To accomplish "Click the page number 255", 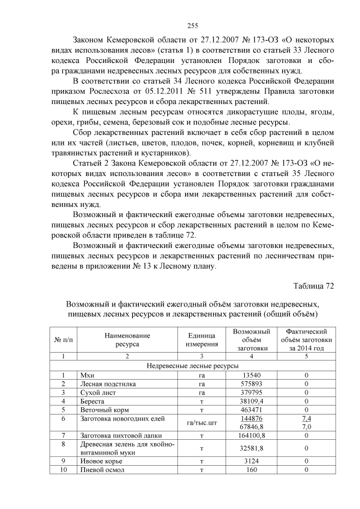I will (x=192, y=25).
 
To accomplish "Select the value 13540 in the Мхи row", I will (x=251, y=374).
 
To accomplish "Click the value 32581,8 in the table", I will (x=251, y=449).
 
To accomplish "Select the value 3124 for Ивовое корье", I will (x=251, y=462).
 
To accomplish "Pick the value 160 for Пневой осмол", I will (x=251, y=470).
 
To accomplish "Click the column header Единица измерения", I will (x=202, y=340).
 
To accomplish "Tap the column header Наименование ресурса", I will (x=127, y=340).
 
